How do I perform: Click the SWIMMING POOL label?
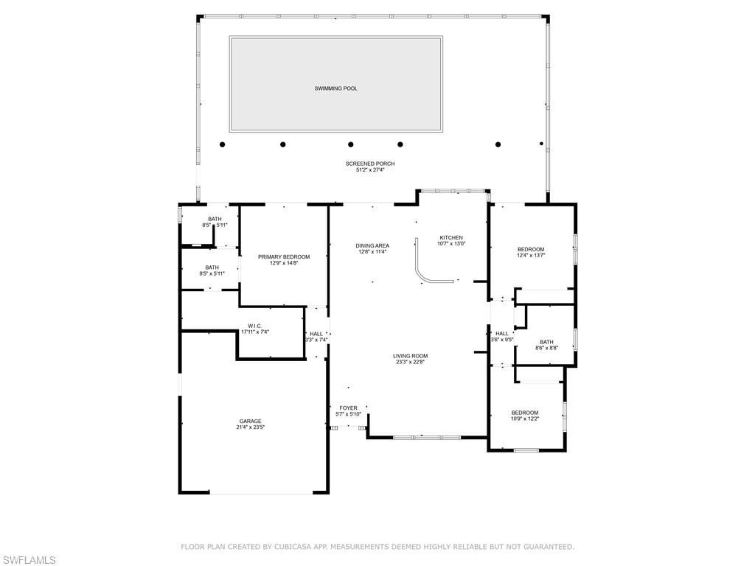point(335,88)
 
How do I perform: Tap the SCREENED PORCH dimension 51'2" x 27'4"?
point(370,170)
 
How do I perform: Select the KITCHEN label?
point(451,237)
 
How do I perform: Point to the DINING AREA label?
point(372,245)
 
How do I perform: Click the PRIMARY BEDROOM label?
point(284,256)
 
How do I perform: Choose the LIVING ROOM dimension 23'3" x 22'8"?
point(410,362)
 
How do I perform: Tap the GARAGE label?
point(250,421)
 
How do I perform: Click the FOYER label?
point(348,408)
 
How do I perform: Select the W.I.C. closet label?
point(255,326)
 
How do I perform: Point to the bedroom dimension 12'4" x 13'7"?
point(531,255)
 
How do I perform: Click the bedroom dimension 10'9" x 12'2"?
point(525,419)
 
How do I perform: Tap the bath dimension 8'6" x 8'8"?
point(546,348)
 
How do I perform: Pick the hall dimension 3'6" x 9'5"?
point(502,340)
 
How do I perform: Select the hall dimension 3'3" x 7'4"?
point(316,340)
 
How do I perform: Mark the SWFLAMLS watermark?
point(29,560)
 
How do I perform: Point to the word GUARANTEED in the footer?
point(546,547)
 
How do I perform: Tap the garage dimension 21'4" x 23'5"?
point(250,427)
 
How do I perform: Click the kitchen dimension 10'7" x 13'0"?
point(451,244)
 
